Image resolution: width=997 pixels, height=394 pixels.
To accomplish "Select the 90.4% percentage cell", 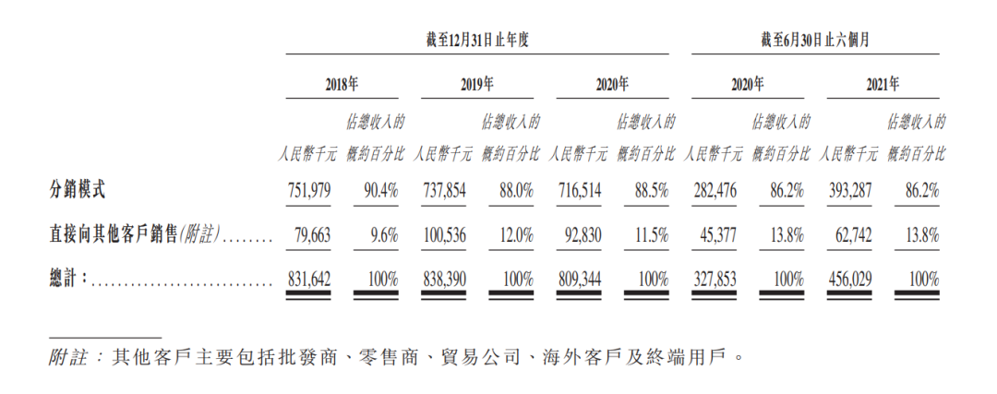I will (x=380, y=192).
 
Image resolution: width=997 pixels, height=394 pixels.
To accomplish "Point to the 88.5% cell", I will (x=651, y=192).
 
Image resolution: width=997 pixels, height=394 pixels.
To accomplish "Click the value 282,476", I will (x=718, y=192).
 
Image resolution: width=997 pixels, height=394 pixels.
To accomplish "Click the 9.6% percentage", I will (x=383, y=235).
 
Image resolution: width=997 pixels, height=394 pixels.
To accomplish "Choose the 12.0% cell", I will (x=515, y=235).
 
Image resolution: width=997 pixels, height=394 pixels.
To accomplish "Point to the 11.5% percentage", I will (x=651, y=235).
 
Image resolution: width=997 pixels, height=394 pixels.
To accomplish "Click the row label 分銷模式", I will (x=78, y=191).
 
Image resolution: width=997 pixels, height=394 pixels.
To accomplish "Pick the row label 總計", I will (x=69, y=278).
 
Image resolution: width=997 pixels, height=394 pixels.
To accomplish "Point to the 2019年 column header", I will (x=476, y=83).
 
